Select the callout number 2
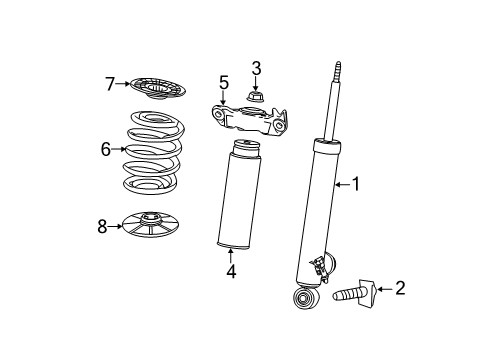(x=401, y=289)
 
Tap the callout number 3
(x=256, y=69)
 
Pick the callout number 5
(x=224, y=82)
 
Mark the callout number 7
(x=111, y=84)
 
